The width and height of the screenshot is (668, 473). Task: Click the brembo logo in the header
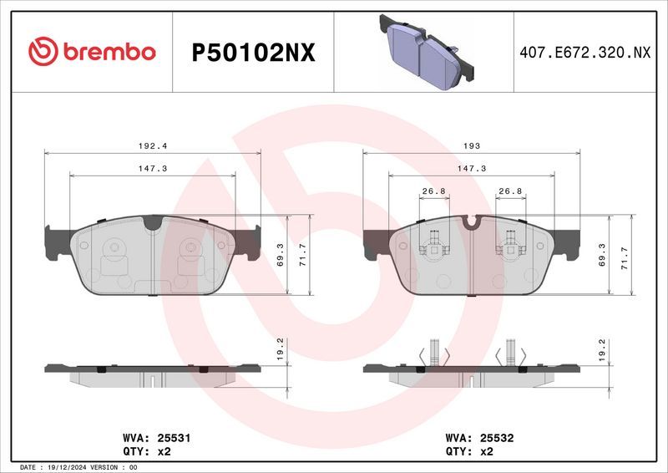click(x=92, y=52)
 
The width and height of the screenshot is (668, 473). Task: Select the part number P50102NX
click(x=253, y=53)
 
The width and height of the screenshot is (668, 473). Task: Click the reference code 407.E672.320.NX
click(x=584, y=53)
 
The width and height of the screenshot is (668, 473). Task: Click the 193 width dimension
click(x=472, y=145)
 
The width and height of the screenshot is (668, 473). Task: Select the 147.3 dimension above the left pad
click(x=152, y=168)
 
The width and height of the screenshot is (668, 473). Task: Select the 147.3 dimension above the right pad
click(x=472, y=168)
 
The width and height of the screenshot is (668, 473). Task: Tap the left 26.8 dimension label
click(x=433, y=191)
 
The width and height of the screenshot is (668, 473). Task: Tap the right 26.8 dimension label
click(x=510, y=191)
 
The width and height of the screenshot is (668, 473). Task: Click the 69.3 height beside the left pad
click(x=281, y=253)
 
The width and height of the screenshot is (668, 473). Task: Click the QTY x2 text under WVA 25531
click(x=146, y=451)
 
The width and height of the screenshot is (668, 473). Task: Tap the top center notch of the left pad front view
click(x=152, y=222)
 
